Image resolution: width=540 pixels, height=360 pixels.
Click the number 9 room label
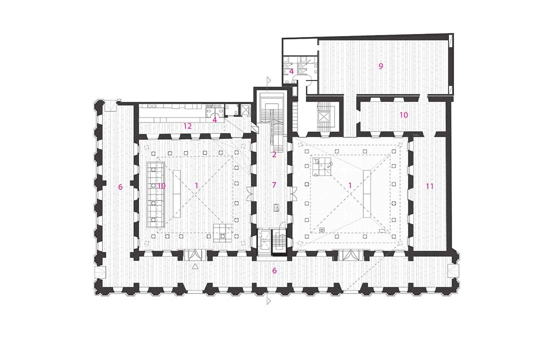(x=381, y=66)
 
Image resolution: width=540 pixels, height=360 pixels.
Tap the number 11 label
(x=429, y=186)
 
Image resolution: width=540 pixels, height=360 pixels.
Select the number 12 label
(x=187, y=126)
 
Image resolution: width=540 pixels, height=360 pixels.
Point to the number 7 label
(x=274, y=185)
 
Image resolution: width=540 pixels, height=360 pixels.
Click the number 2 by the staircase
(x=274, y=155)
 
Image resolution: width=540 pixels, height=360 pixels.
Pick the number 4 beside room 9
(x=291, y=71)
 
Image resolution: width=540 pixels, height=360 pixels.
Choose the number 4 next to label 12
(x=215, y=120)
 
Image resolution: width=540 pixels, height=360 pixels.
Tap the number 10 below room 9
(x=404, y=115)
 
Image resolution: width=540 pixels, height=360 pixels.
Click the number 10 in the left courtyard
(x=162, y=186)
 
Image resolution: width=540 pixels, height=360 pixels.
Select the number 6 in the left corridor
(x=120, y=187)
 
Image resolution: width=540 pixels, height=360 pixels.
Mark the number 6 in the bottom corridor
(x=274, y=271)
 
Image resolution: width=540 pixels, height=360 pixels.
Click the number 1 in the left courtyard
(x=196, y=186)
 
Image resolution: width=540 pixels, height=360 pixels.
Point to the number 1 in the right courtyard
(x=350, y=186)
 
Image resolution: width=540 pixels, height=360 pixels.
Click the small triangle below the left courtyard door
(x=195, y=266)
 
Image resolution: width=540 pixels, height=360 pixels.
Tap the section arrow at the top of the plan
(x=269, y=80)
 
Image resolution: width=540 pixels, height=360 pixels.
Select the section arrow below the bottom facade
(x=269, y=301)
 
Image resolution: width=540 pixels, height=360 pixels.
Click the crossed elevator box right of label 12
(x=245, y=111)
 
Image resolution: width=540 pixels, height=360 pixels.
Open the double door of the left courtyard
(x=195, y=255)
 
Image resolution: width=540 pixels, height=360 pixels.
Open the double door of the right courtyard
(x=351, y=255)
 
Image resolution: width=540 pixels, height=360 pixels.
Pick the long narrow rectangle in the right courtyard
(x=366, y=193)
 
